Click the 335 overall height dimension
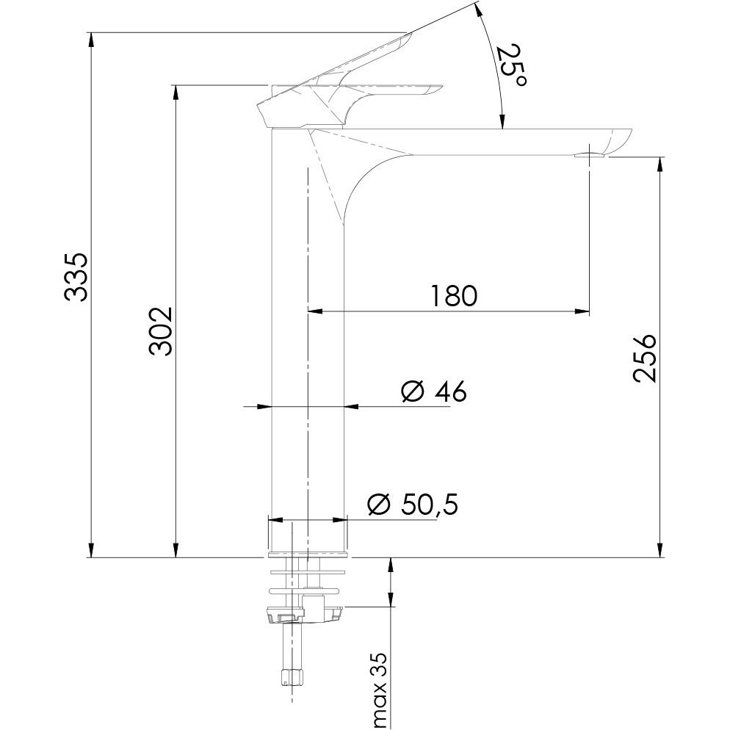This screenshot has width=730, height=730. tap(75, 278)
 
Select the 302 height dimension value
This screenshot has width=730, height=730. tap(161, 331)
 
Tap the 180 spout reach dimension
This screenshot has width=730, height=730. tap(453, 296)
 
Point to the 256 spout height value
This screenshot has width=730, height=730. tap(645, 358)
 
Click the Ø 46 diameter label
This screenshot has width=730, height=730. tap(433, 391)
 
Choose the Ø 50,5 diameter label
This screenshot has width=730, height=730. tap(413, 504)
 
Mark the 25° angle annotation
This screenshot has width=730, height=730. tap(513, 65)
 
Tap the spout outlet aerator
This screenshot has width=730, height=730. tap(590, 156)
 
